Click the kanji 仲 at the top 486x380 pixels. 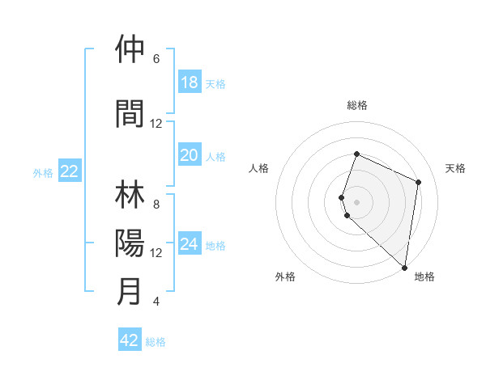[130, 49]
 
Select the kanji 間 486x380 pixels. [130, 113]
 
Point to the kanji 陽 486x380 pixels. [130, 243]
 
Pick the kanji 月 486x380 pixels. [130, 291]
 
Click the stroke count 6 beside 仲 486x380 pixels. [156, 59]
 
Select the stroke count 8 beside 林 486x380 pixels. [156, 205]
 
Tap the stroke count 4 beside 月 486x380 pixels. [156, 302]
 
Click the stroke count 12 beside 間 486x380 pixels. [156, 124]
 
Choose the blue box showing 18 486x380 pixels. [189, 82]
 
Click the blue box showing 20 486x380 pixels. [189, 155]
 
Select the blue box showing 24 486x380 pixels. [189, 244]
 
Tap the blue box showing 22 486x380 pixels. [70, 171]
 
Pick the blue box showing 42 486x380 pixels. [130, 340]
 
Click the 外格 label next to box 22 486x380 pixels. [43, 172]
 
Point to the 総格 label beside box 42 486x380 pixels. [156, 342]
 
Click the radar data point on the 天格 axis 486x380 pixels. [419, 182]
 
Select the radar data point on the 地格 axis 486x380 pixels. [405, 268]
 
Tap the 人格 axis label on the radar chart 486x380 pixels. [258, 168]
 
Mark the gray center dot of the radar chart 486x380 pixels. [357, 201]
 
